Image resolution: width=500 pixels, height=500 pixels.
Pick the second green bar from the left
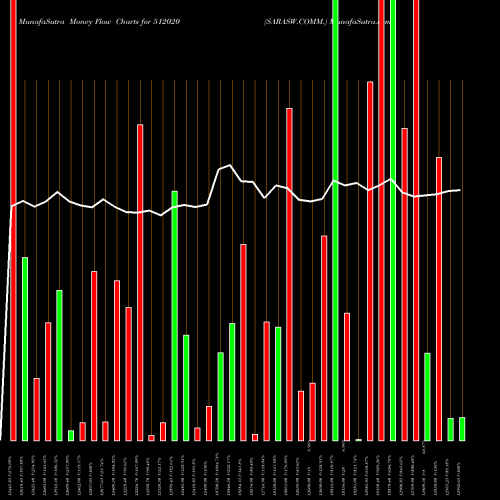coord(59,365)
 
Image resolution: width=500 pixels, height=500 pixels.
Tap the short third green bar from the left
coord(71,435)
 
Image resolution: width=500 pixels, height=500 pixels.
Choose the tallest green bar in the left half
coord(174,315)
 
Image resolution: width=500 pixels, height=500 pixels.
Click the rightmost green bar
coord(461,428)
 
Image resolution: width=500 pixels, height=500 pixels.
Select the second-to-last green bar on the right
coord(450,429)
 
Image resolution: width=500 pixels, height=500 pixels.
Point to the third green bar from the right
coord(427,396)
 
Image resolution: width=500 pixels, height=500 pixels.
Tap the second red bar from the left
coord(36,409)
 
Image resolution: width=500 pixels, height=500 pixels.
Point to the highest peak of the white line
coord(230,166)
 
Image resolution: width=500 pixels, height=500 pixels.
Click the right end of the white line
coord(460,190)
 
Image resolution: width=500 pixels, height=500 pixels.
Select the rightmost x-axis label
coord(461,470)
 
